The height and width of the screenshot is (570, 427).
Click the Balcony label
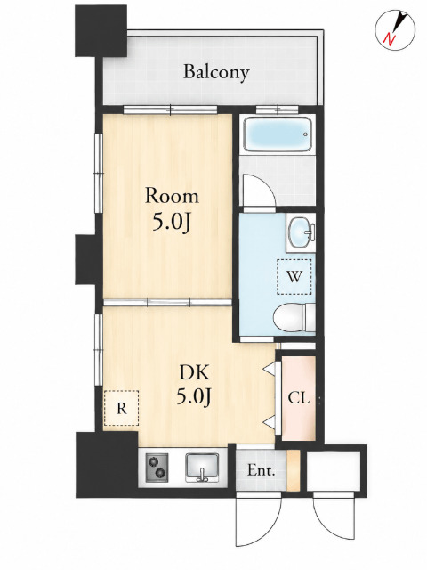(216, 72)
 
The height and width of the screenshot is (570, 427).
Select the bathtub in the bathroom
(278, 134)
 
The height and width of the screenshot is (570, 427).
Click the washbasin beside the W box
(301, 232)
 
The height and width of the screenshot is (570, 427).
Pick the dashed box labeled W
(294, 277)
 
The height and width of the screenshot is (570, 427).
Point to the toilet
(294, 317)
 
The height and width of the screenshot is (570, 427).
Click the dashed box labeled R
(121, 408)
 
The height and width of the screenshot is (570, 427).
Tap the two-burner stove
(157, 468)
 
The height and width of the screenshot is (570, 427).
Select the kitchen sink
(202, 468)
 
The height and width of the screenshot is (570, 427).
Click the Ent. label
(261, 471)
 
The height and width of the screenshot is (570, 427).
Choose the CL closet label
(299, 398)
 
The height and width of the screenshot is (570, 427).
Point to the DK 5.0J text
(194, 385)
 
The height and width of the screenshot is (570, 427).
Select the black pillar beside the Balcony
(101, 30)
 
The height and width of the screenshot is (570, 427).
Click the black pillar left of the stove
(107, 464)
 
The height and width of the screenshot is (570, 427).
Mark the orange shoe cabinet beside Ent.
(293, 470)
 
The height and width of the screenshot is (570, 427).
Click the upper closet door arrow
(269, 368)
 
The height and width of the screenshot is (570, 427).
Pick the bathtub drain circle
(305, 134)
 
